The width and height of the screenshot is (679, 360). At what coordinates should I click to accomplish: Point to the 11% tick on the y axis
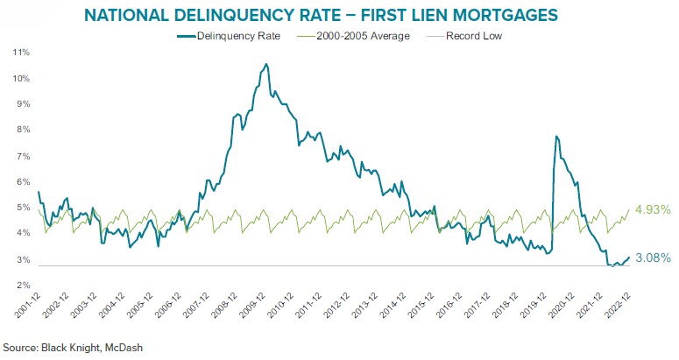[x=20, y=53]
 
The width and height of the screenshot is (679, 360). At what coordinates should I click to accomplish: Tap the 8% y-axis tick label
[x=22, y=131]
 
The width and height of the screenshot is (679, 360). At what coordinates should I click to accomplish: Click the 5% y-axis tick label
[x=22, y=208]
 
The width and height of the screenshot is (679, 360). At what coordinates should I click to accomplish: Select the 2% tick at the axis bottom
[x=22, y=286]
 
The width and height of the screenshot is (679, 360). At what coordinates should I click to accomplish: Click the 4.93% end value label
[x=652, y=209]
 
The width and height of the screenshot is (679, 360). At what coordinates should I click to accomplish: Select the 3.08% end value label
[x=652, y=258]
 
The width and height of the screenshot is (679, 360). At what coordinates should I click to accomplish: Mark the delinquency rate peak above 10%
[x=265, y=64]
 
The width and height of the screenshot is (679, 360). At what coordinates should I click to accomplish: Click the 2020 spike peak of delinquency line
[x=555, y=137]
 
